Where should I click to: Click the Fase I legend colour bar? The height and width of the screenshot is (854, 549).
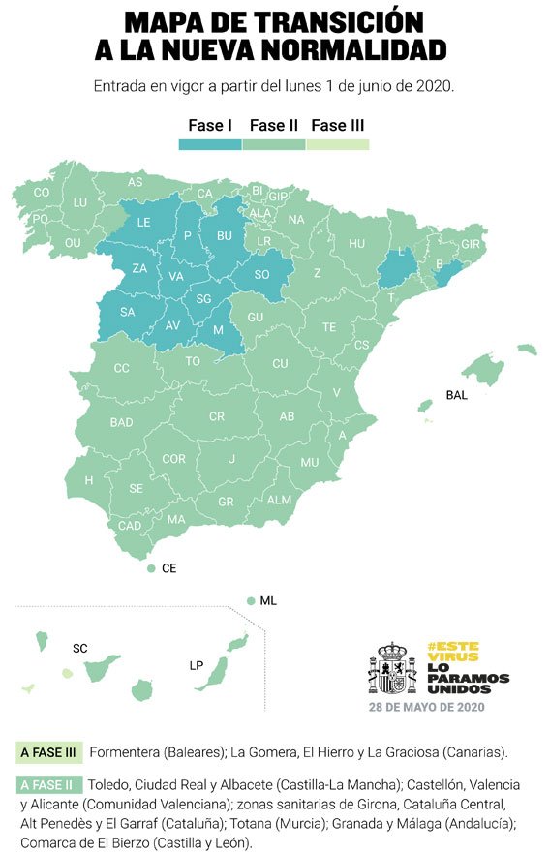tap(210, 144)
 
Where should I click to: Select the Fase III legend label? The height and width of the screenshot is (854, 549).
tap(337, 125)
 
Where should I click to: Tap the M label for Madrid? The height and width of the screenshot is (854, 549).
tap(217, 330)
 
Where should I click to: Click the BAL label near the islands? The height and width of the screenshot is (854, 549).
tap(456, 395)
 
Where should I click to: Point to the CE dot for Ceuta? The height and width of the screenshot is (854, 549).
tap(151, 569)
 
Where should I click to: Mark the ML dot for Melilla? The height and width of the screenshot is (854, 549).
tap(251, 601)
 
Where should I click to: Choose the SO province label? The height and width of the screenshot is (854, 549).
tap(261, 275)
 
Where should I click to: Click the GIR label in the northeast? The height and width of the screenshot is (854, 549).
tap(472, 244)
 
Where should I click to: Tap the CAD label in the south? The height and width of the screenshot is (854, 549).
tap(130, 526)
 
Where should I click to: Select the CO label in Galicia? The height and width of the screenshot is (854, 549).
tap(42, 193)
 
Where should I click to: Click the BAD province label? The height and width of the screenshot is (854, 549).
tap(122, 423)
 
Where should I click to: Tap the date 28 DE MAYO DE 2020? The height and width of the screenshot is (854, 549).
tap(426, 707)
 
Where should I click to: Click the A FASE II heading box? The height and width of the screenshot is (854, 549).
tap(48, 784)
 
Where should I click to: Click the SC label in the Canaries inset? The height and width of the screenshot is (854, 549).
tap(80, 647)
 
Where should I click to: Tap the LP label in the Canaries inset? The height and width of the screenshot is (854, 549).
tap(197, 666)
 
